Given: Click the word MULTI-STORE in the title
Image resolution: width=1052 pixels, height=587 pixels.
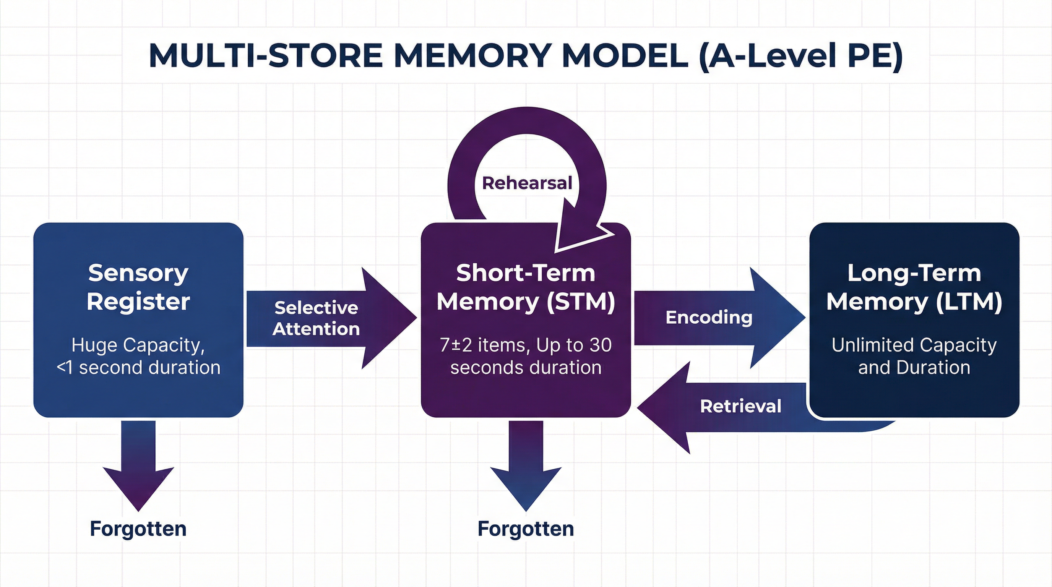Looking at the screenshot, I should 265,56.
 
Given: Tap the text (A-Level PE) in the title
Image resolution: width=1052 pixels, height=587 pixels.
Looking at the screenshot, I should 800,56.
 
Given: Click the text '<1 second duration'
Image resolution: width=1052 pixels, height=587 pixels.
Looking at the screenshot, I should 138,367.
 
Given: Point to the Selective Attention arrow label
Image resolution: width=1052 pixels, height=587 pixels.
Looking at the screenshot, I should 316,318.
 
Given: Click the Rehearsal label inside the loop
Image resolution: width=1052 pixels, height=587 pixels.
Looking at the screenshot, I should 527,183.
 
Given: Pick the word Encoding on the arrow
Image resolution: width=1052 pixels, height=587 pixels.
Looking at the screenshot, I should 709,318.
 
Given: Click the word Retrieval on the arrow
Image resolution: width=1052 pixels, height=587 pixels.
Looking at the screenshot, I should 740,406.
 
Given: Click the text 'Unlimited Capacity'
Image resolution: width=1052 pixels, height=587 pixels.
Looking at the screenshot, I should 914,345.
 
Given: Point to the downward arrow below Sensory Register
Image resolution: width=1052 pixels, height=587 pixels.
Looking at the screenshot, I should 138,465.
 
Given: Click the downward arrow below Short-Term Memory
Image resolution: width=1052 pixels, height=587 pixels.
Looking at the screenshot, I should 526,465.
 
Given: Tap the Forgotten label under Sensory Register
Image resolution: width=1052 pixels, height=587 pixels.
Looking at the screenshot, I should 138,529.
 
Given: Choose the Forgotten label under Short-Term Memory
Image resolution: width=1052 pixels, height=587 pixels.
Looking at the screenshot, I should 526,529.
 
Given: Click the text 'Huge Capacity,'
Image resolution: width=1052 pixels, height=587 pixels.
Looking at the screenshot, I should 138,345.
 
